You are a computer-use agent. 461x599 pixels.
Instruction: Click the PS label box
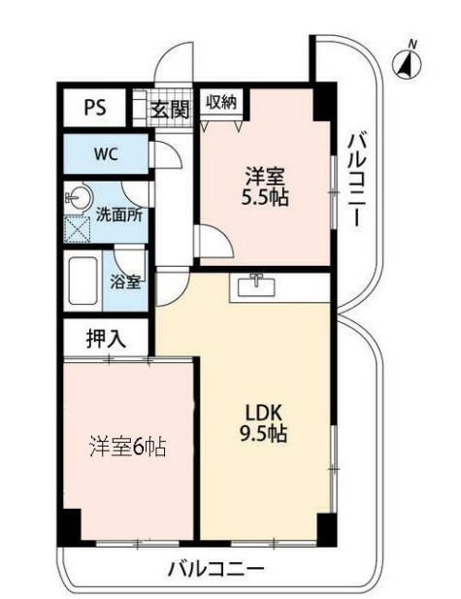[x=94, y=108]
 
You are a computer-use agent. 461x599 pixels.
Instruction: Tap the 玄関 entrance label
[x=169, y=109]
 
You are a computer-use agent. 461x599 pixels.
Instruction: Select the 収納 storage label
[x=221, y=102]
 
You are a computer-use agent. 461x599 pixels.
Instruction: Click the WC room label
[x=106, y=152]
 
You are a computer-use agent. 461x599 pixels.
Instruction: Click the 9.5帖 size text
[x=263, y=435]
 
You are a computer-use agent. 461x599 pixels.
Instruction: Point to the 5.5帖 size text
[x=266, y=197]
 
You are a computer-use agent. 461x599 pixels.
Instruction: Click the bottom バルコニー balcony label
[x=214, y=568]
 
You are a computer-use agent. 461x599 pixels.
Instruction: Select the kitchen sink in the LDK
[x=257, y=285]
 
